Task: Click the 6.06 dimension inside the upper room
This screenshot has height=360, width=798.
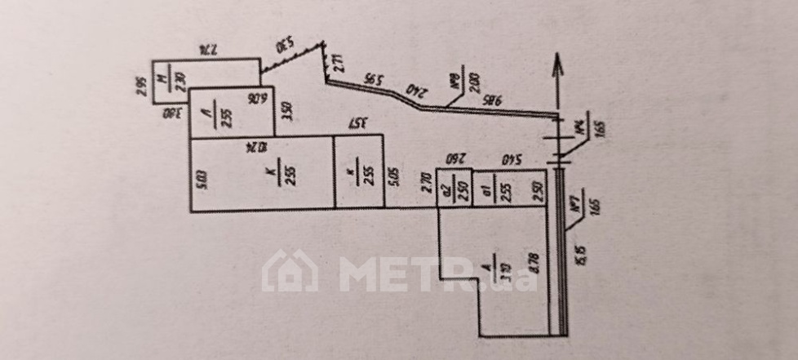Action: pyautogui.click(x=261, y=100)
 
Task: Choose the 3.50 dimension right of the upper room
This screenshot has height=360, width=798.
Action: pyautogui.click(x=286, y=111)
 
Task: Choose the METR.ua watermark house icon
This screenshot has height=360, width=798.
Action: pyautogui.click(x=290, y=272)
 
